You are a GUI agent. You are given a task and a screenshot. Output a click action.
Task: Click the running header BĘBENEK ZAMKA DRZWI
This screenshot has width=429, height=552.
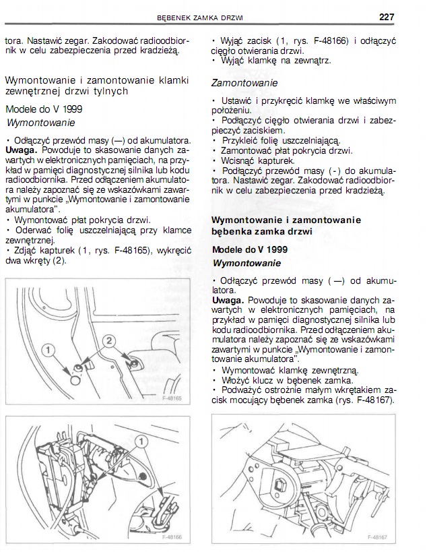[199, 17]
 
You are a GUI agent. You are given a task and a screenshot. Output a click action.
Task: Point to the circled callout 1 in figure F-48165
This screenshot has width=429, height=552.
[48, 348]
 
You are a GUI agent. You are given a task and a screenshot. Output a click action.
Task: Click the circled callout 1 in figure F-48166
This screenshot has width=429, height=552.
[141, 441]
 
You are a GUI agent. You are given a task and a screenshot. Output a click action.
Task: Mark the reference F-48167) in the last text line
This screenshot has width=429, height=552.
[371, 400]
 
